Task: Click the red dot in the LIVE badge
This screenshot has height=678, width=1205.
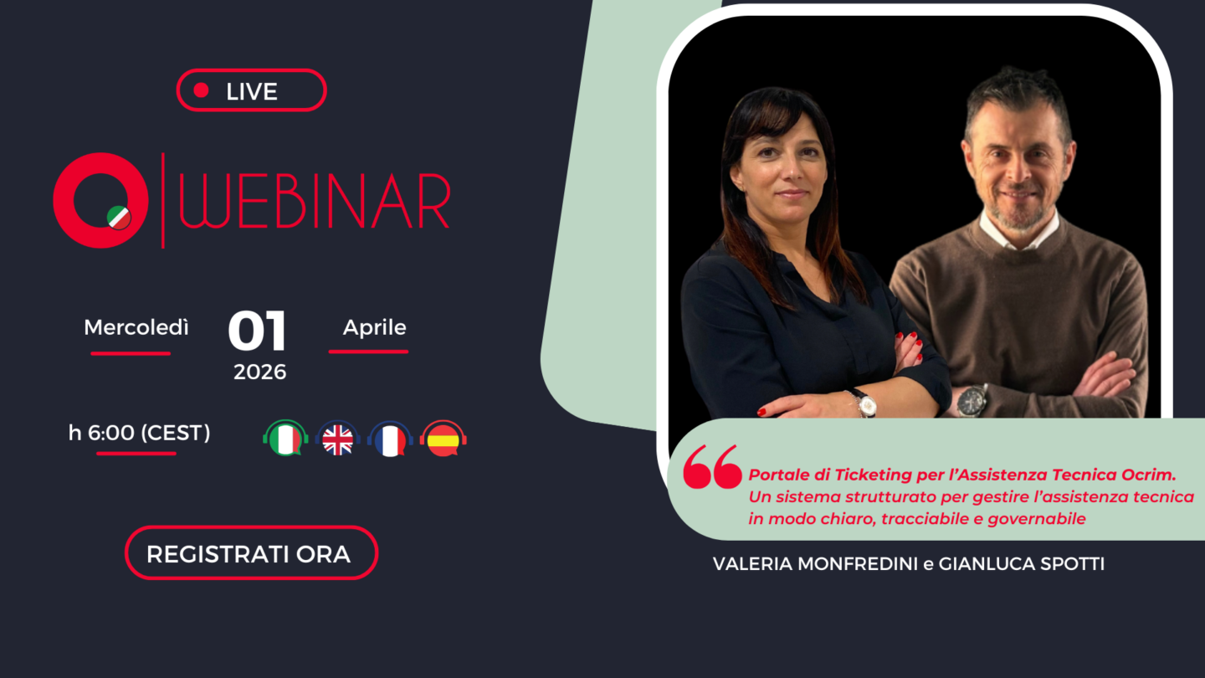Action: (x=201, y=90)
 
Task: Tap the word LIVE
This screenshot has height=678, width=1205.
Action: (x=252, y=91)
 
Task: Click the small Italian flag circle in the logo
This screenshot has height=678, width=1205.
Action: (x=119, y=218)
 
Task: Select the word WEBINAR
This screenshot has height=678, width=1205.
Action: (x=314, y=201)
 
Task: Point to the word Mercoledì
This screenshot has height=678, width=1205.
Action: (x=136, y=327)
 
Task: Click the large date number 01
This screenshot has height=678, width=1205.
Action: (x=257, y=331)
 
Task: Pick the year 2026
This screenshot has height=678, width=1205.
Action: (x=259, y=372)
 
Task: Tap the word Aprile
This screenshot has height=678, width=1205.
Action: (x=374, y=328)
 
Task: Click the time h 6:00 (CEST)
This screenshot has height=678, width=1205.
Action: (x=139, y=433)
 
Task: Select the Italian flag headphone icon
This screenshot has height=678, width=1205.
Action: (x=285, y=438)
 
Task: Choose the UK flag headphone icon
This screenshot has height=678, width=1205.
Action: (x=338, y=438)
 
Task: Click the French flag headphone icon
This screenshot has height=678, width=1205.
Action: (x=390, y=438)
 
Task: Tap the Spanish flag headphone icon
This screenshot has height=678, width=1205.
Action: (x=444, y=438)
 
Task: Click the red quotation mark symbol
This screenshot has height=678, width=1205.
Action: (x=712, y=466)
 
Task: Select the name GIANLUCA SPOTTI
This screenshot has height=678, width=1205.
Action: (x=1022, y=564)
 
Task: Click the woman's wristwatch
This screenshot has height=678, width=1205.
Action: (x=865, y=403)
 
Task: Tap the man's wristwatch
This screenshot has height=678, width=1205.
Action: (x=972, y=401)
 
